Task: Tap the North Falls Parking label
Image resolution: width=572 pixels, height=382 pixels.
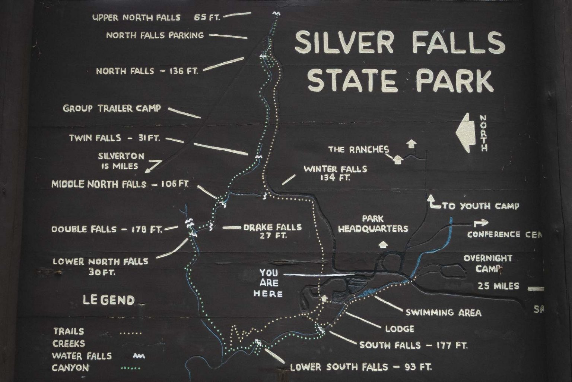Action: point(155,35)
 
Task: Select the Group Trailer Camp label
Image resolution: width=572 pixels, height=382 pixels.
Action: point(112,109)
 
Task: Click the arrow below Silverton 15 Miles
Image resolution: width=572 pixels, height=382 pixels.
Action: point(153,166)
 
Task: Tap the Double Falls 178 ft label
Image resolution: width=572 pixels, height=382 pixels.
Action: point(107,229)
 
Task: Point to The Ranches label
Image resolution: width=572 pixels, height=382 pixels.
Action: point(358,150)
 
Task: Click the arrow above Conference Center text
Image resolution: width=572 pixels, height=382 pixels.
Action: point(481,223)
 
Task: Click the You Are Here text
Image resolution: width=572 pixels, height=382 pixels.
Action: point(268,283)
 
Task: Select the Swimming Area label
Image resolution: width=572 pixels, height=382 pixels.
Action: point(443,313)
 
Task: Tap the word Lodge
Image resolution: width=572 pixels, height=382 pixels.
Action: point(400,329)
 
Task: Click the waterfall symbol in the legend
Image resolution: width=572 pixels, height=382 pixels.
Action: point(139,356)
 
